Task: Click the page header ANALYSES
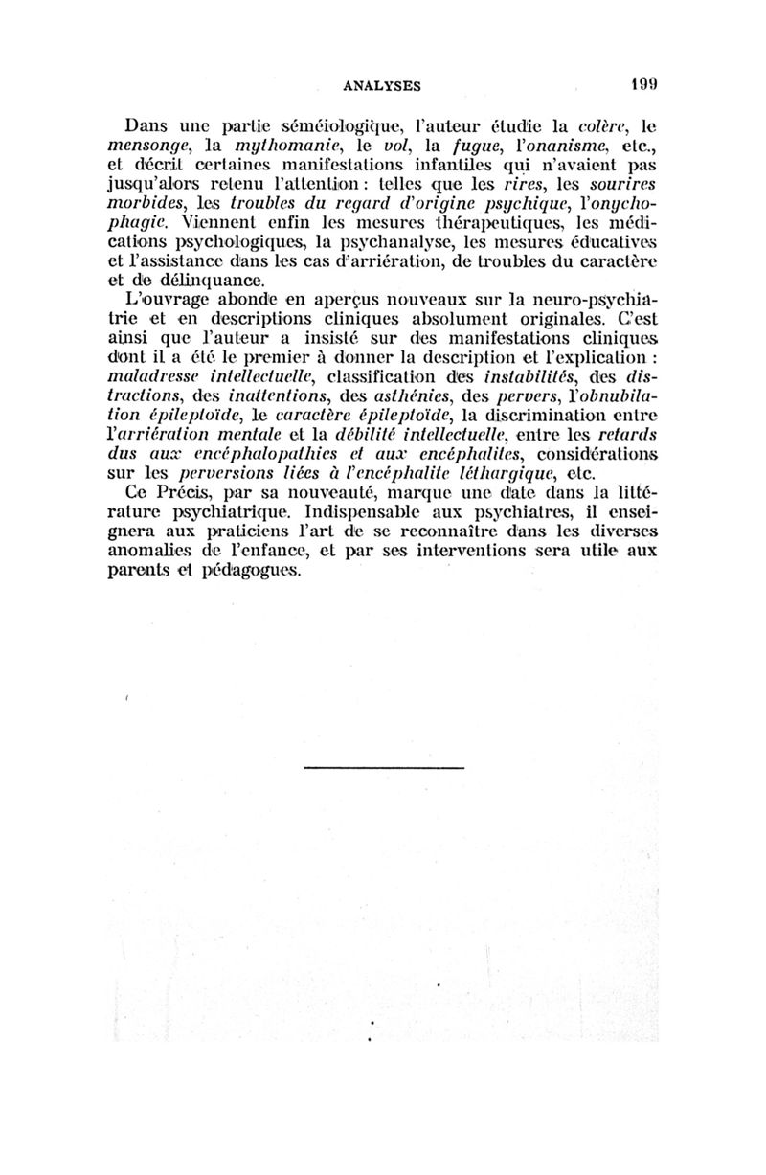pos(382,84)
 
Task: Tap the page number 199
pos(642,83)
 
